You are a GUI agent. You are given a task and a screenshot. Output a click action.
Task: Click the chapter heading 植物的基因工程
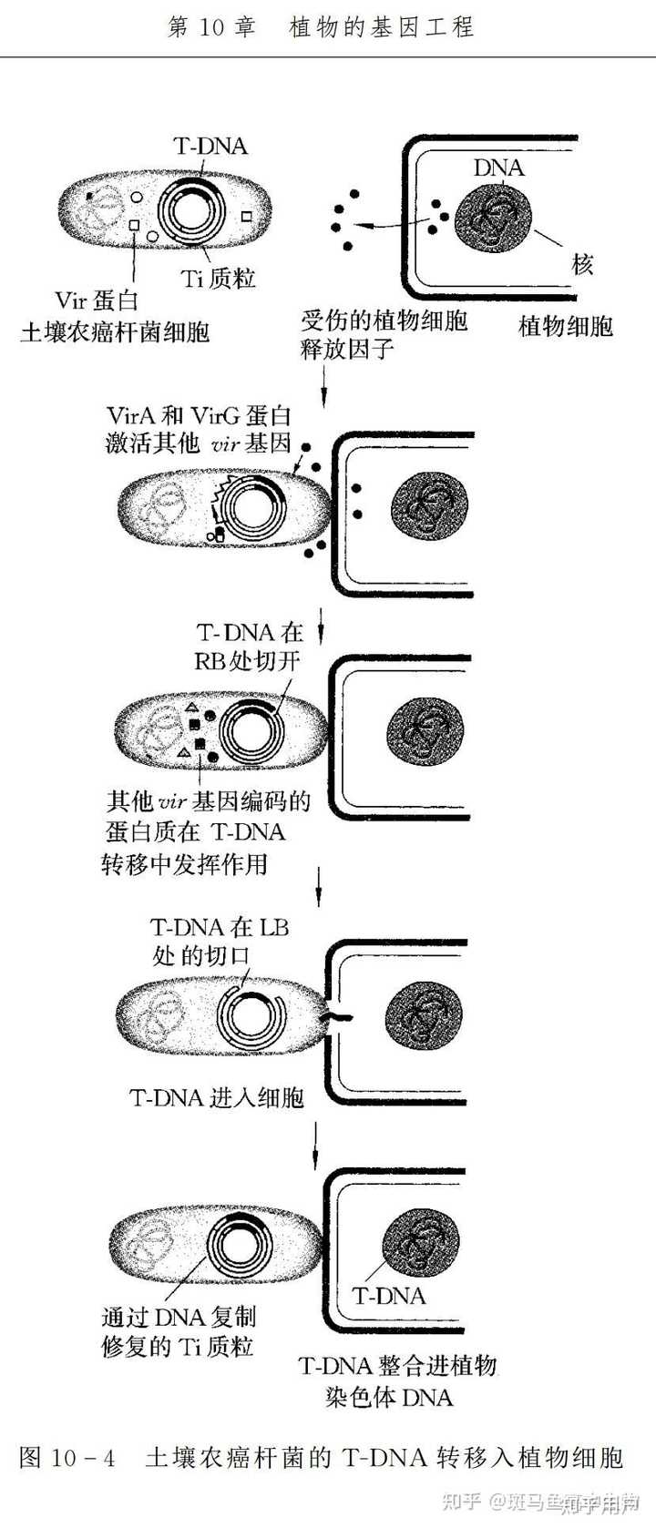[382, 27]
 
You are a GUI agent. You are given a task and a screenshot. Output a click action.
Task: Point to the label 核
[584, 264]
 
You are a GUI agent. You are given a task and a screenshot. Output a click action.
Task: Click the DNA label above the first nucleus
[498, 168]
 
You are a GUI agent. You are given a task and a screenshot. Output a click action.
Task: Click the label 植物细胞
[565, 325]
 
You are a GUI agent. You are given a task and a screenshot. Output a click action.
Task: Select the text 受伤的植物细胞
[384, 321]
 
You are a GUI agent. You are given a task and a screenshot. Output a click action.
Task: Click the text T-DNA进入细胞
[217, 1097]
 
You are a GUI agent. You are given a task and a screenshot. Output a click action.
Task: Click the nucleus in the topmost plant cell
[497, 218]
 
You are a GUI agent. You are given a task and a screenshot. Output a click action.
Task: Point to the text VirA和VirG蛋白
[198, 417]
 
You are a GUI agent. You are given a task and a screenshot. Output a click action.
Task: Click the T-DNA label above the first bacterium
[210, 146]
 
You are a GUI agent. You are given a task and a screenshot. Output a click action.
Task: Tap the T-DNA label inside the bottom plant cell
[389, 1296]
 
